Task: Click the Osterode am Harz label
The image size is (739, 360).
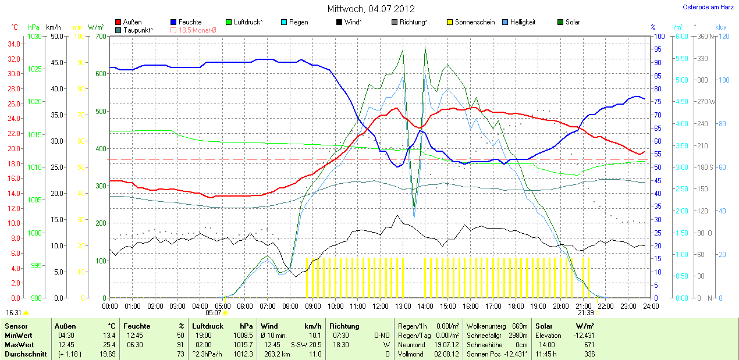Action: [708, 8]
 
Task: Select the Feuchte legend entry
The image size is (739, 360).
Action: [190, 22]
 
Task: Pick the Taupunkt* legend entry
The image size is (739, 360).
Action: [138, 30]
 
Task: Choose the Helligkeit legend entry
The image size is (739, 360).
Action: [523, 22]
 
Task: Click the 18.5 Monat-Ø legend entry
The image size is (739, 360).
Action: [196, 30]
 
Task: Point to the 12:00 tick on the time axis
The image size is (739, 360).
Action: [380, 306]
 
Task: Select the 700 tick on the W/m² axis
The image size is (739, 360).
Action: [100, 37]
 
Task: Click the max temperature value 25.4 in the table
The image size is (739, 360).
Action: [109, 345]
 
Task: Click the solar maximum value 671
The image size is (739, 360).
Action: [589, 345]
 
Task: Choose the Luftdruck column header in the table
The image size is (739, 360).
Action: [207, 326]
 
